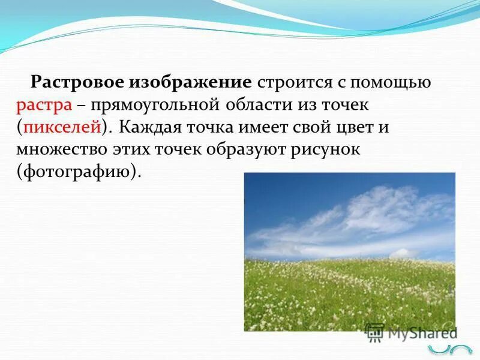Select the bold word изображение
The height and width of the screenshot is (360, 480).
click(x=190, y=82)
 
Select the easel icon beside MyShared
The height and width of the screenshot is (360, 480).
click(x=375, y=332)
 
